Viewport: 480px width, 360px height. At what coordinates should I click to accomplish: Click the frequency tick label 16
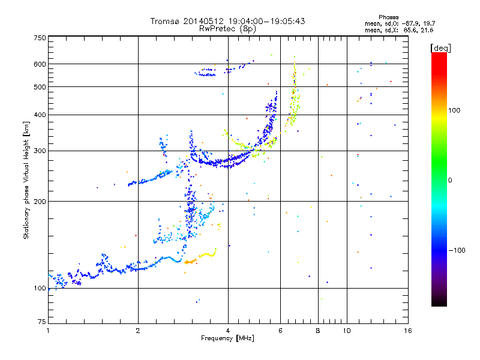(x=407, y=331)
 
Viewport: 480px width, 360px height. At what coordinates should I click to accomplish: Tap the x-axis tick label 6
(x=280, y=331)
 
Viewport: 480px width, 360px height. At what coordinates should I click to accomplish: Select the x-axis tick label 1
(x=48, y=331)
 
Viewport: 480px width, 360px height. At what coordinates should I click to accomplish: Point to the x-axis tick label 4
(x=228, y=331)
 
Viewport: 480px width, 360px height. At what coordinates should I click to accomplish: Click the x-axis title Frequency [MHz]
(x=227, y=338)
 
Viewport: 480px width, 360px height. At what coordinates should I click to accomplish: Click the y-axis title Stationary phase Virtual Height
(x=26, y=180)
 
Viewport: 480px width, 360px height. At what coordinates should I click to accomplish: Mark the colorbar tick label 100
(x=455, y=110)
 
